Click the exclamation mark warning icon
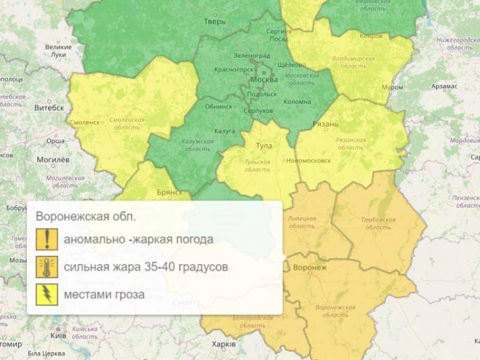click(x=47, y=239)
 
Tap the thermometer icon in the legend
click(x=47, y=267)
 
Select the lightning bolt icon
click(x=47, y=295)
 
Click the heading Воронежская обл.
click(x=86, y=217)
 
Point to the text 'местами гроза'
click(x=104, y=295)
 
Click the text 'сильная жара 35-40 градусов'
click(x=146, y=267)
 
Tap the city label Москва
click(x=264, y=80)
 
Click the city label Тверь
click(x=215, y=22)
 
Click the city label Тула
click(x=264, y=146)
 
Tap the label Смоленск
click(x=85, y=122)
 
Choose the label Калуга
click(x=225, y=131)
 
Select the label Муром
click(x=392, y=87)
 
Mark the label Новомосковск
click(x=308, y=160)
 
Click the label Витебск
click(x=49, y=108)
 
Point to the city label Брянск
click(x=170, y=192)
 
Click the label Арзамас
click(x=444, y=86)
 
